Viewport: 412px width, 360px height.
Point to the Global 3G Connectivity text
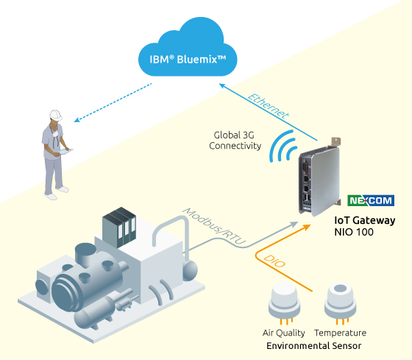237,141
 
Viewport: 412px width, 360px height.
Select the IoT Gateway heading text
365,220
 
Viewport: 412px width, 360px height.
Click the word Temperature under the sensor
341,333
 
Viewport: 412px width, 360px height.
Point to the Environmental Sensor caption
313,345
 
